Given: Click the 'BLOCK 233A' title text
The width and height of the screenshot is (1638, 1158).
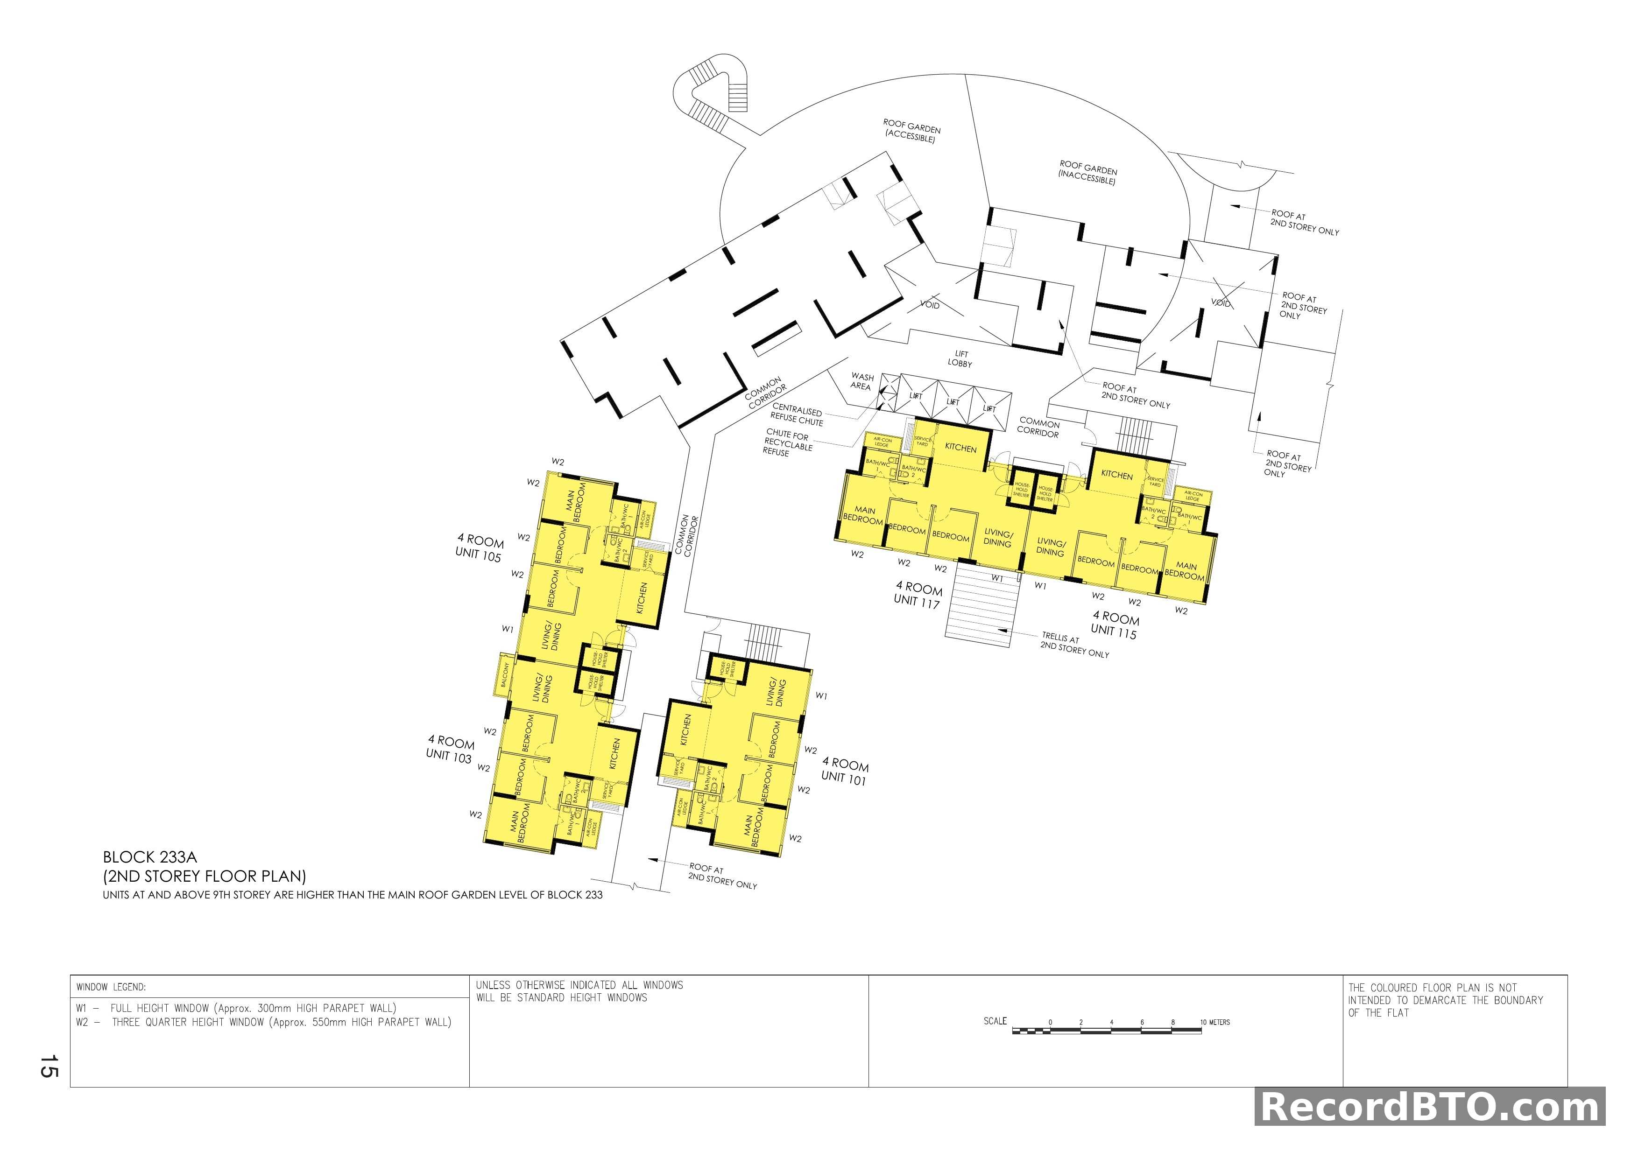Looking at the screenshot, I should point(150,857).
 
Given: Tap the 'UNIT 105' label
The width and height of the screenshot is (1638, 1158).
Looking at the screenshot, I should point(478,556).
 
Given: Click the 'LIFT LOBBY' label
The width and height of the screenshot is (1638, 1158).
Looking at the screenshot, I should point(960,358).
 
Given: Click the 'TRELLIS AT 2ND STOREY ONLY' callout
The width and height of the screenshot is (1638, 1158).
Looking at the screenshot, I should point(1074,645).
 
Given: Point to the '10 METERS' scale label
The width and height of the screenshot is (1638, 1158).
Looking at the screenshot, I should point(1215,1023).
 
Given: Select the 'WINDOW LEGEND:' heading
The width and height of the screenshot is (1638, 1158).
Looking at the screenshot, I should point(111,988).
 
